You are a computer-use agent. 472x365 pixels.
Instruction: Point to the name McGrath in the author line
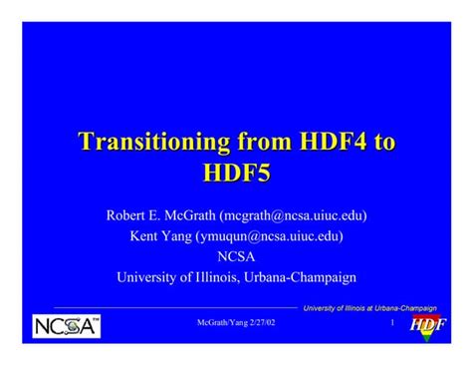coord(193,214)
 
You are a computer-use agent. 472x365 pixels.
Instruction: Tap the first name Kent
coord(146,235)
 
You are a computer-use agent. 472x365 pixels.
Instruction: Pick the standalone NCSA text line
coord(236,256)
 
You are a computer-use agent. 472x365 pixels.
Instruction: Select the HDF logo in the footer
coord(427,326)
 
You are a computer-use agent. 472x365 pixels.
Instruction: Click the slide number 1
coord(392,325)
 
